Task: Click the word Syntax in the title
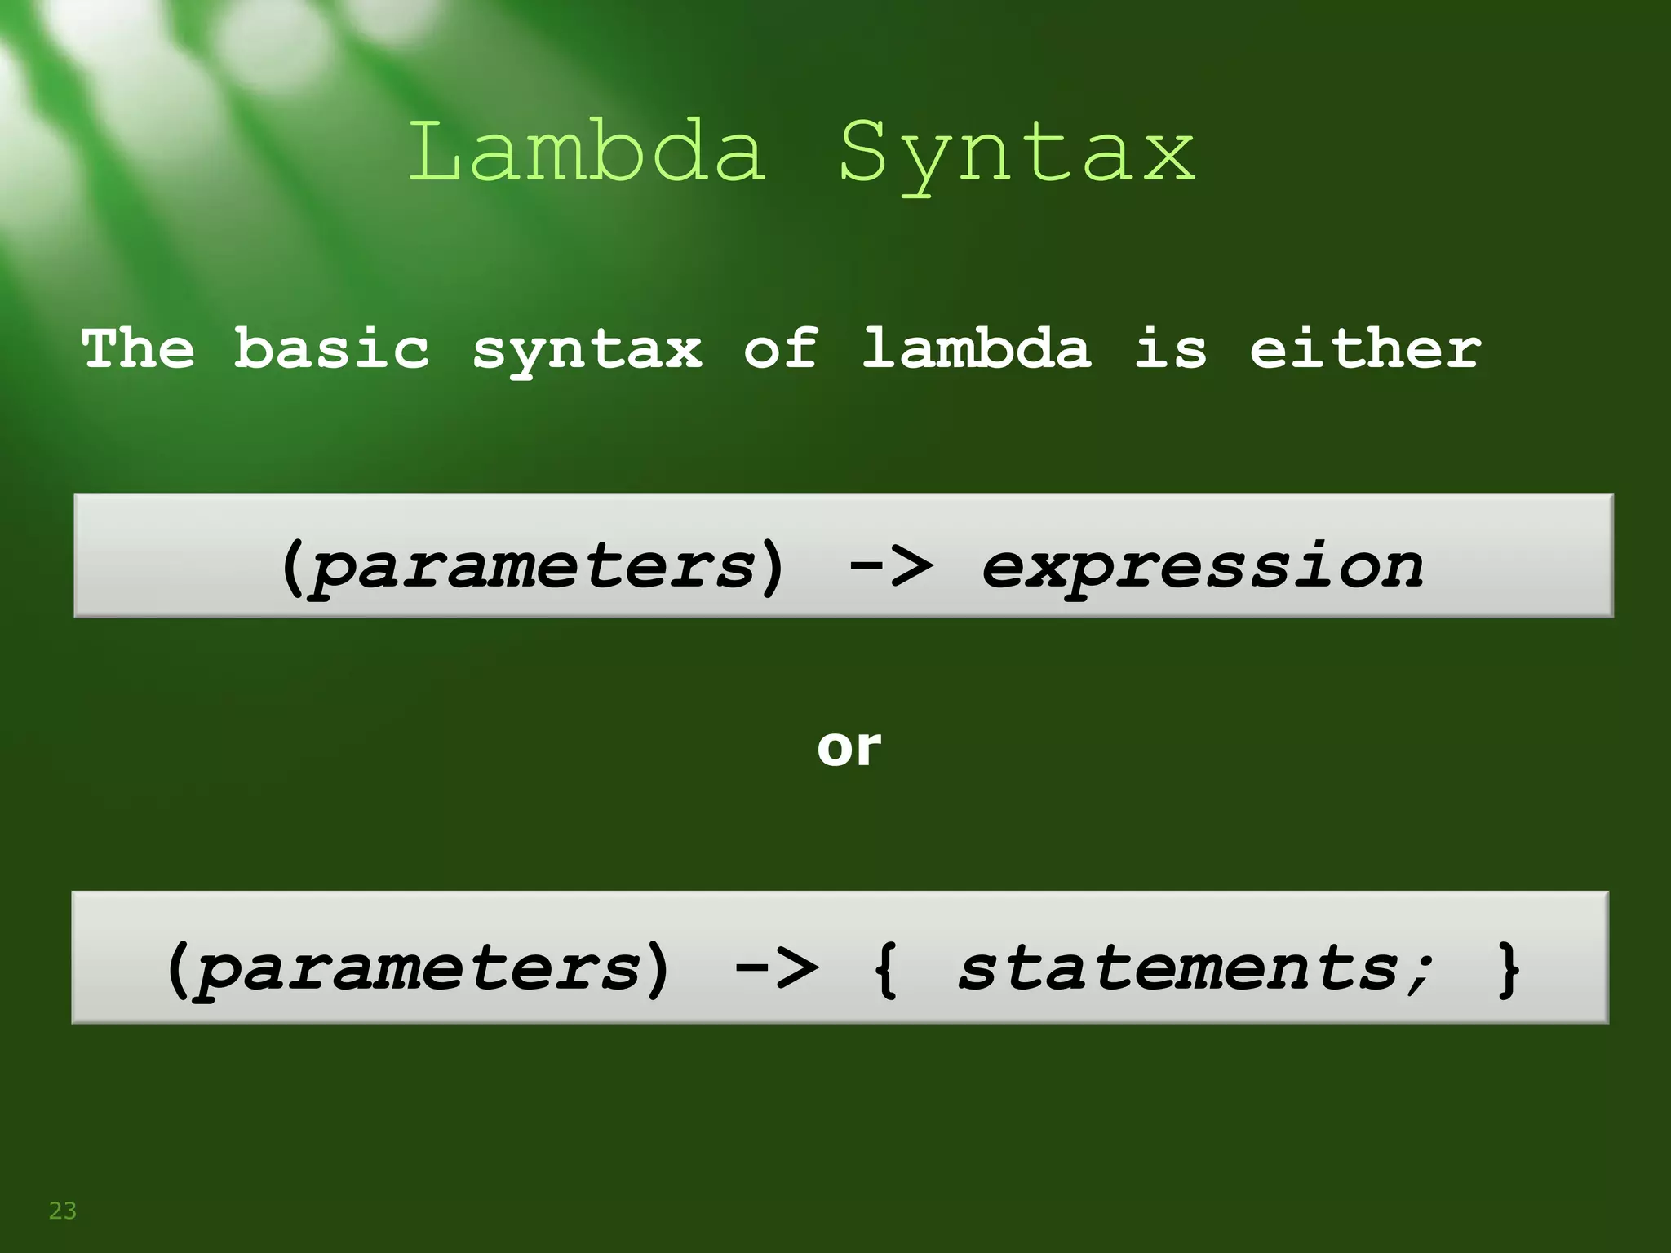click(1017, 155)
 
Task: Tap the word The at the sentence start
click(138, 348)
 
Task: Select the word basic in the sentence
click(331, 348)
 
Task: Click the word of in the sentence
click(780, 348)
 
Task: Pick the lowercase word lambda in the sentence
click(976, 348)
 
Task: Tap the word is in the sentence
click(1170, 348)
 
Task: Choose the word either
click(1365, 348)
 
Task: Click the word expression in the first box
click(1202, 568)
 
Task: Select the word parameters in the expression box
click(534, 568)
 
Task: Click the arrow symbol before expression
click(891, 565)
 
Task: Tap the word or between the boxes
click(849, 746)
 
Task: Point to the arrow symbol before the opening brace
click(776, 967)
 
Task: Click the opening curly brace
click(886, 968)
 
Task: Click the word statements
click(1179, 968)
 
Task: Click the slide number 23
click(63, 1211)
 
